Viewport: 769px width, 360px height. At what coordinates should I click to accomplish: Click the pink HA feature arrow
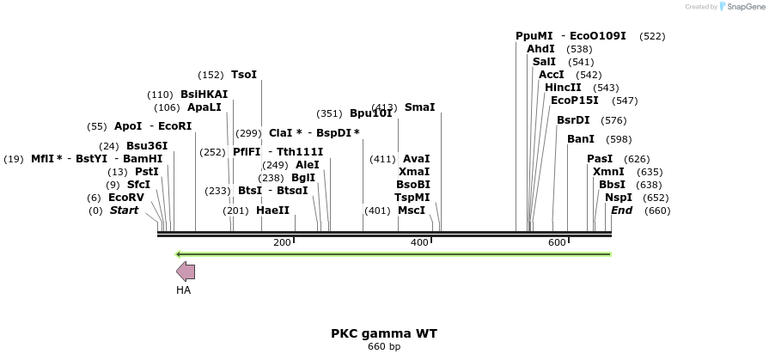tap(186, 272)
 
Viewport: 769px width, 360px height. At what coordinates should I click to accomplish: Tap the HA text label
tap(183, 290)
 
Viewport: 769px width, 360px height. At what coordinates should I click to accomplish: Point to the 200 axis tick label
tap(282, 243)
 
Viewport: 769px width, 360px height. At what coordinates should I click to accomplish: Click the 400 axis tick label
tap(419, 243)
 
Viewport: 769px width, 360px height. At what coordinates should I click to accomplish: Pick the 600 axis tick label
tap(557, 243)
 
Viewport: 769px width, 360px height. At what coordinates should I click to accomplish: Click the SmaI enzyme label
tap(419, 107)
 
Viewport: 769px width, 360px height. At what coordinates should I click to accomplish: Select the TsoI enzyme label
tap(244, 75)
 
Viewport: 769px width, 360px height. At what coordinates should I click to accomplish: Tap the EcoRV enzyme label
tap(126, 198)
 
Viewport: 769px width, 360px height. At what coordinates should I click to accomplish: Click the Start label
tap(124, 211)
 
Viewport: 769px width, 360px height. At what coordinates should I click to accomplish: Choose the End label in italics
tap(621, 211)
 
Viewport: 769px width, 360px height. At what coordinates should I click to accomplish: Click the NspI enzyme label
tap(618, 198)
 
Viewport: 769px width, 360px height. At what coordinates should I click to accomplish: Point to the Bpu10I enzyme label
tap(370, 113)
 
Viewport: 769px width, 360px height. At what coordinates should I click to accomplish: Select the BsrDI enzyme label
tap(573, 120)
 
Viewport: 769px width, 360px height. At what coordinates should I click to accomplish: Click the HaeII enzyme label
tap(273, 211)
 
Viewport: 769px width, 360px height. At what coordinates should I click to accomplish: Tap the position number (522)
tap(652, 36)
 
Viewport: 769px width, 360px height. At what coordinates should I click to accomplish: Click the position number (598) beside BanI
tap(619, 139)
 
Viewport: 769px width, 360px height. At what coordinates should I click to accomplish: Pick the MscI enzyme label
tap(412, 211)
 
